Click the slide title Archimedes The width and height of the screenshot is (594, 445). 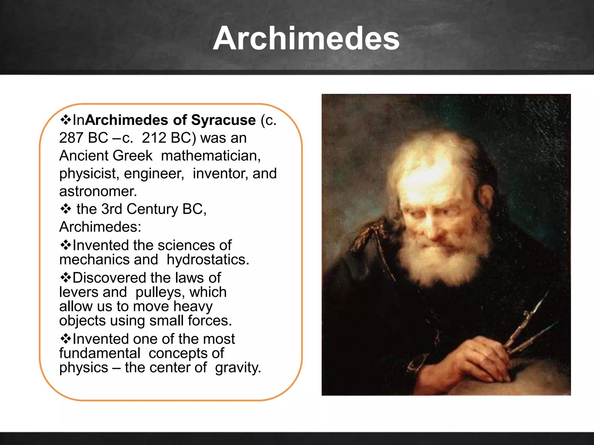(306, 39)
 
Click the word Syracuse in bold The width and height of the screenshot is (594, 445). (223, 120)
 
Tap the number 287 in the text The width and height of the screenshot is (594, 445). (71, 138)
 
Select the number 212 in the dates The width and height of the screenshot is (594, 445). (154, 138)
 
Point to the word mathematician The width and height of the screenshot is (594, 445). (211, 156)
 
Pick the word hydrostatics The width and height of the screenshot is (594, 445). (208, 260)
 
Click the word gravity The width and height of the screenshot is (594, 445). (238, 368)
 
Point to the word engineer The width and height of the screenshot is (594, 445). (154, 174)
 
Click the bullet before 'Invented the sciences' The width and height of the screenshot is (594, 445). (66, 245)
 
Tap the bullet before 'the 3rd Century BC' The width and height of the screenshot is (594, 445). (66, 209)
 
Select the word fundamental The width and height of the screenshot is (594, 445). (100, 353)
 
